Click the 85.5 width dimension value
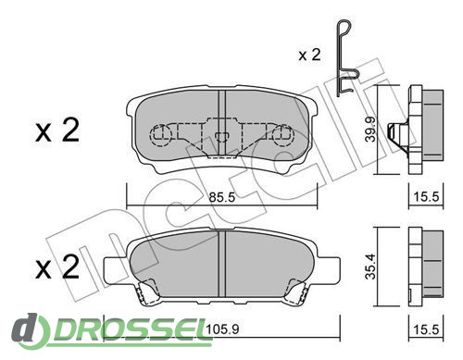click(x=222, y=197)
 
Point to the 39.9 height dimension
click(x=370, y=129)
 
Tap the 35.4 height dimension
click(x=370, y=267)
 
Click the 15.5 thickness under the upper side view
click(x=426, y=196)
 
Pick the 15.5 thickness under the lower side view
click(x=426, y=329)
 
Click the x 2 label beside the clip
click(x=309, y=55)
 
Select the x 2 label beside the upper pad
click(x=57, y=130)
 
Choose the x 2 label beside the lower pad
click(x=57, y=267)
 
